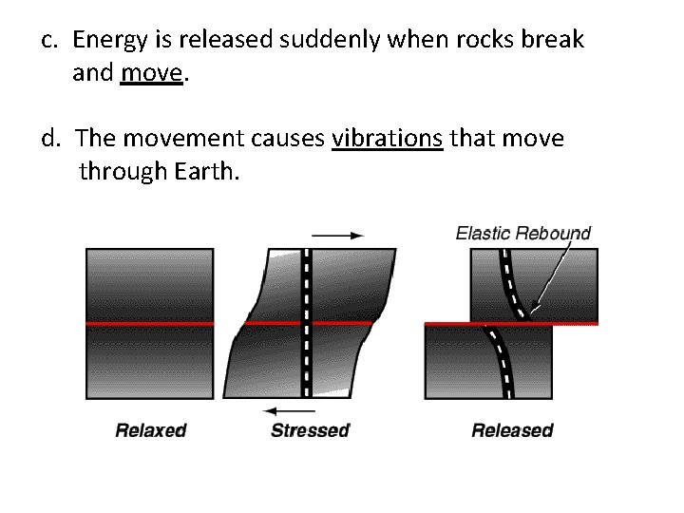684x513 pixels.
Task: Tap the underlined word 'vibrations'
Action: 387,140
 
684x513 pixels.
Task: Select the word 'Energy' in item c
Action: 106,40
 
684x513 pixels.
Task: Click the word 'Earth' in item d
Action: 205,172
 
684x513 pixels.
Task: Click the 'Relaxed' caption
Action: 150,430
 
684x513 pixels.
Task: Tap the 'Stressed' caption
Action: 310,430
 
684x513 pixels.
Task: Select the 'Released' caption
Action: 512,430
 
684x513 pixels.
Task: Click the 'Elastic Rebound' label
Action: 523,233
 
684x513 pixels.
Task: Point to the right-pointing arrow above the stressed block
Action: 337,234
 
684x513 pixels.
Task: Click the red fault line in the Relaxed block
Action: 149,324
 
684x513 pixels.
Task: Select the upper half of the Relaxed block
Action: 149,285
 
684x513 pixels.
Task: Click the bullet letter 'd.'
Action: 51,140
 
